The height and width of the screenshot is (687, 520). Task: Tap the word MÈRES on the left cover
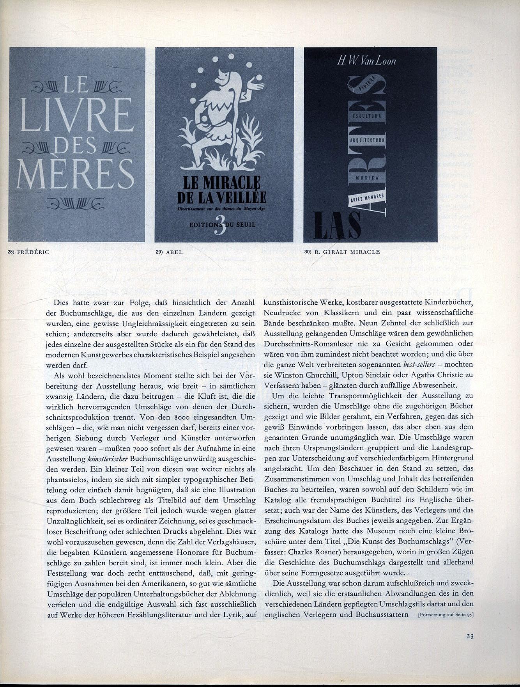(75, 174)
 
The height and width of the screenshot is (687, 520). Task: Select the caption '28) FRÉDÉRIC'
(29, 252)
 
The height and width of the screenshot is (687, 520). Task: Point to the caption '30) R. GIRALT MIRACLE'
(342, 252)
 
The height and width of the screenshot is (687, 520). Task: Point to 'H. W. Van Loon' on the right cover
(366, 61)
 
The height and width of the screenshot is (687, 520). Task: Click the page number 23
(470, 636)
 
